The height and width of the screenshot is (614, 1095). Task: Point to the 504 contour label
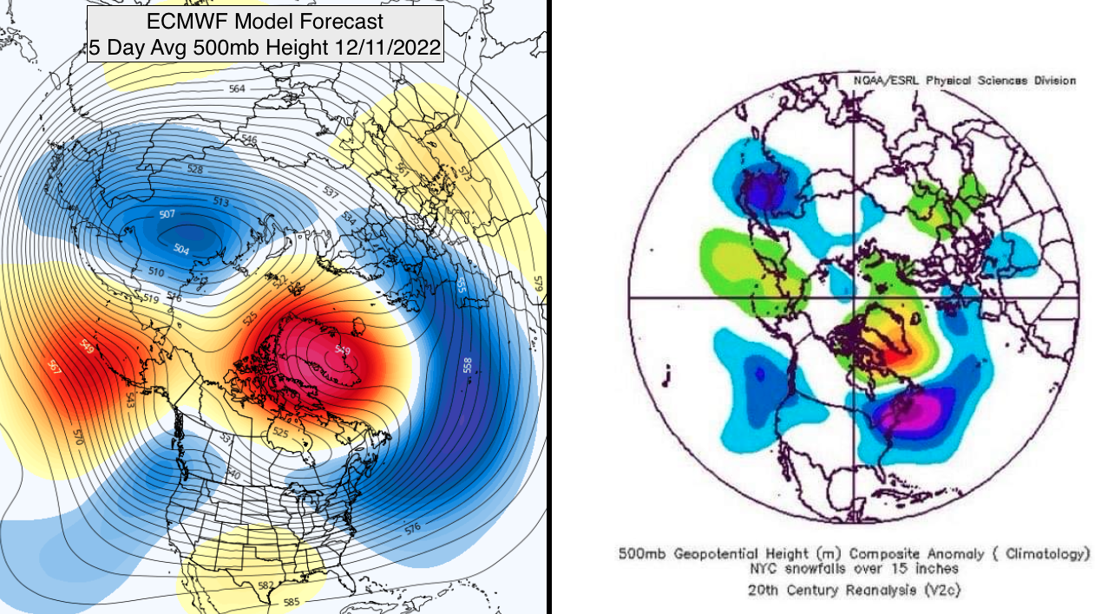click(180, 250)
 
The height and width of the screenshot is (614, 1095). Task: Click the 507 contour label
click(167, 214)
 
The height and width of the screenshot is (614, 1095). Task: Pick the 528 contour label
click(195, 170)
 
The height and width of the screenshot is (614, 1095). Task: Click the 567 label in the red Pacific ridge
click(56, 367)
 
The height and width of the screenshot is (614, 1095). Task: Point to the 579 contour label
click(537, 283)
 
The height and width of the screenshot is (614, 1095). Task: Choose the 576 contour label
click(412, 526)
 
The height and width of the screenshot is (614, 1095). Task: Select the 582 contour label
click(267, 585)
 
